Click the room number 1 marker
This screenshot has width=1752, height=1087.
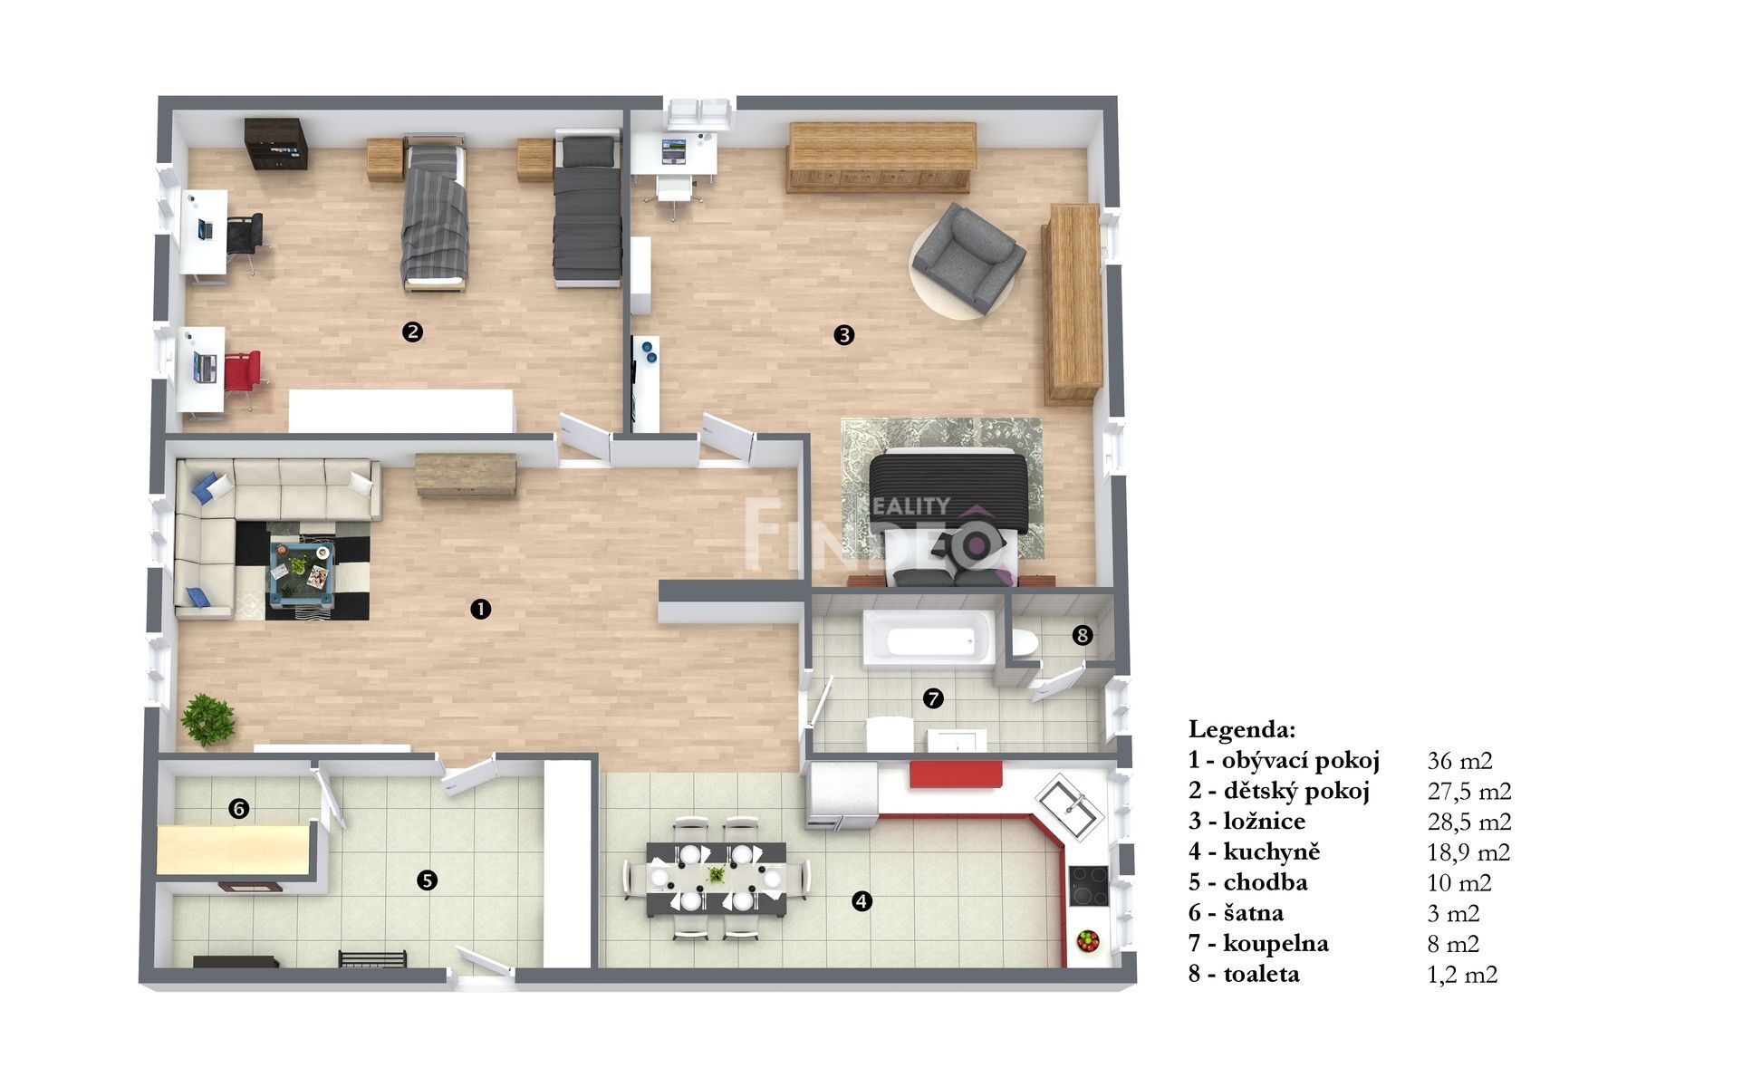pyautogui.click(x=480, y=609)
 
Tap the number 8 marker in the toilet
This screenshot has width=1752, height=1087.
pyautogui.click(x=1082, y=636)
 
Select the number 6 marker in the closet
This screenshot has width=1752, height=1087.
pyautogui.click(x=239, y=808)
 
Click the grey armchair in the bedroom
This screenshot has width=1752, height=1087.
pyautogui.click(x=968, y=255)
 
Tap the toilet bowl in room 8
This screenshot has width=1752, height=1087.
pyautogui.click(x=1024, y=642)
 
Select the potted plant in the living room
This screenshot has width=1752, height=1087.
pyautogui.click(x=207, y=719)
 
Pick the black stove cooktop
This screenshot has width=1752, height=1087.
pyautogui.click(x=1088, y=886)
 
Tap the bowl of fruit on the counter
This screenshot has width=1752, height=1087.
pyautogui.click(x=1088, y=940)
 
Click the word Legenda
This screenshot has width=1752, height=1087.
pyautogui.click(x=1241, y=729)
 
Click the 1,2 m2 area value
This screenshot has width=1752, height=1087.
pyautogui.click(x=1462, y=975)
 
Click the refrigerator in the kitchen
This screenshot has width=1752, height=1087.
pyautogui.click(x=842, y=795)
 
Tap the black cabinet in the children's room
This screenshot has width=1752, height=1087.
pyautogui.click(x=276, y=144)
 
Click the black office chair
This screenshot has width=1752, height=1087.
pyautogui.click(x=245, y=239)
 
